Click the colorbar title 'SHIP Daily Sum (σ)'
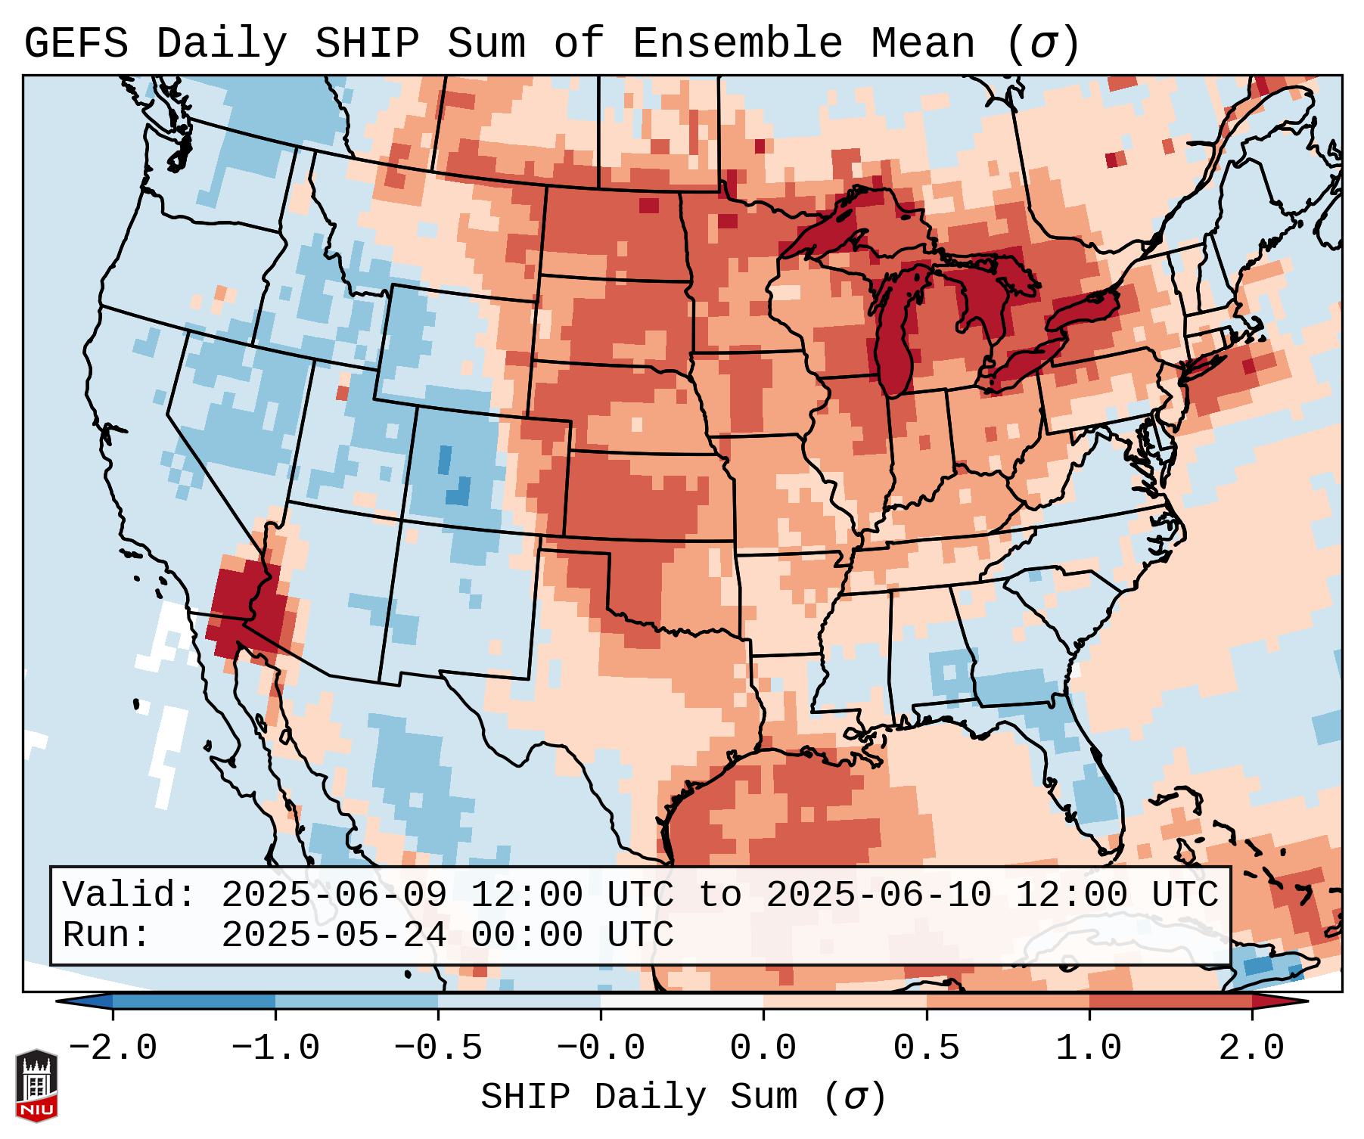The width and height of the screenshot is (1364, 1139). (x=682, y=1097)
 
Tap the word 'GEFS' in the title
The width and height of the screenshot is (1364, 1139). (x=76, y=44)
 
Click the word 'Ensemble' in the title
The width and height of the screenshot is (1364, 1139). (x=737, y=44)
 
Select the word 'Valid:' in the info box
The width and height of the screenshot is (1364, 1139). (x=129, y=895)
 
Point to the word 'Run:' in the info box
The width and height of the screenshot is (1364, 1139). (x=106, y=936)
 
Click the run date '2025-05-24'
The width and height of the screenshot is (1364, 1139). (x=334, y=936)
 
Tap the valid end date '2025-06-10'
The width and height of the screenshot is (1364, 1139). (x=878, y=895)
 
